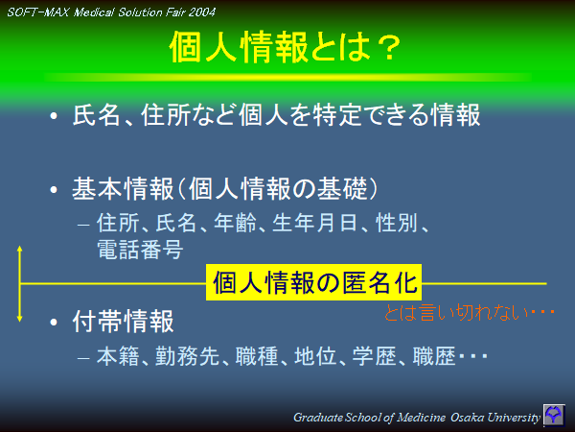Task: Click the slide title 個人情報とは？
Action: [x=285, y=46]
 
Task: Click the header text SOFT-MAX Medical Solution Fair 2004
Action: [x=111, y=12]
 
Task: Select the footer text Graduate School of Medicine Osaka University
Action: [x=416, y=417]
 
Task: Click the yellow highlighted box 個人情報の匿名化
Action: [x=314, y=282]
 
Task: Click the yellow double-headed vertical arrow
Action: [x=19, y=283]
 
